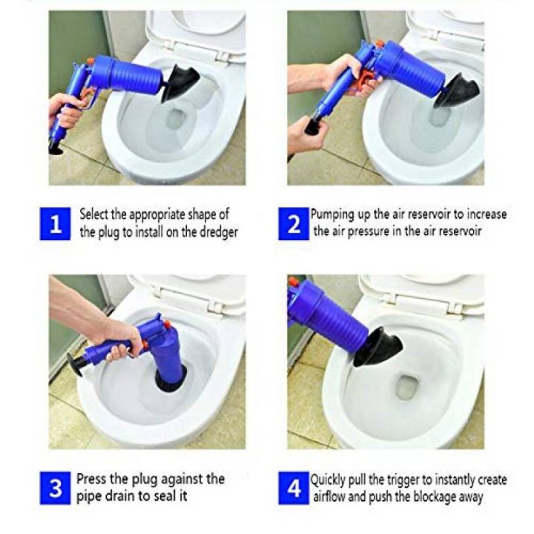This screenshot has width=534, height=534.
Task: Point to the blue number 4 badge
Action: tap(293, 488)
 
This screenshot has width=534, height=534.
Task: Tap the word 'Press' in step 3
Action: tap(92, 478)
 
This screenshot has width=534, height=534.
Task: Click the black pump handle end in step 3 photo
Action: tap(76, 364)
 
